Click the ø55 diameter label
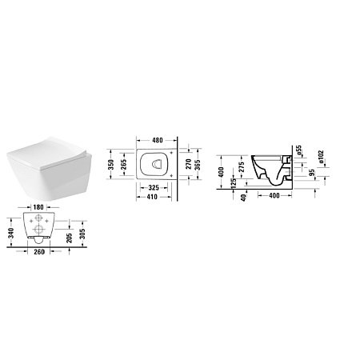(x=298, y=150)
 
